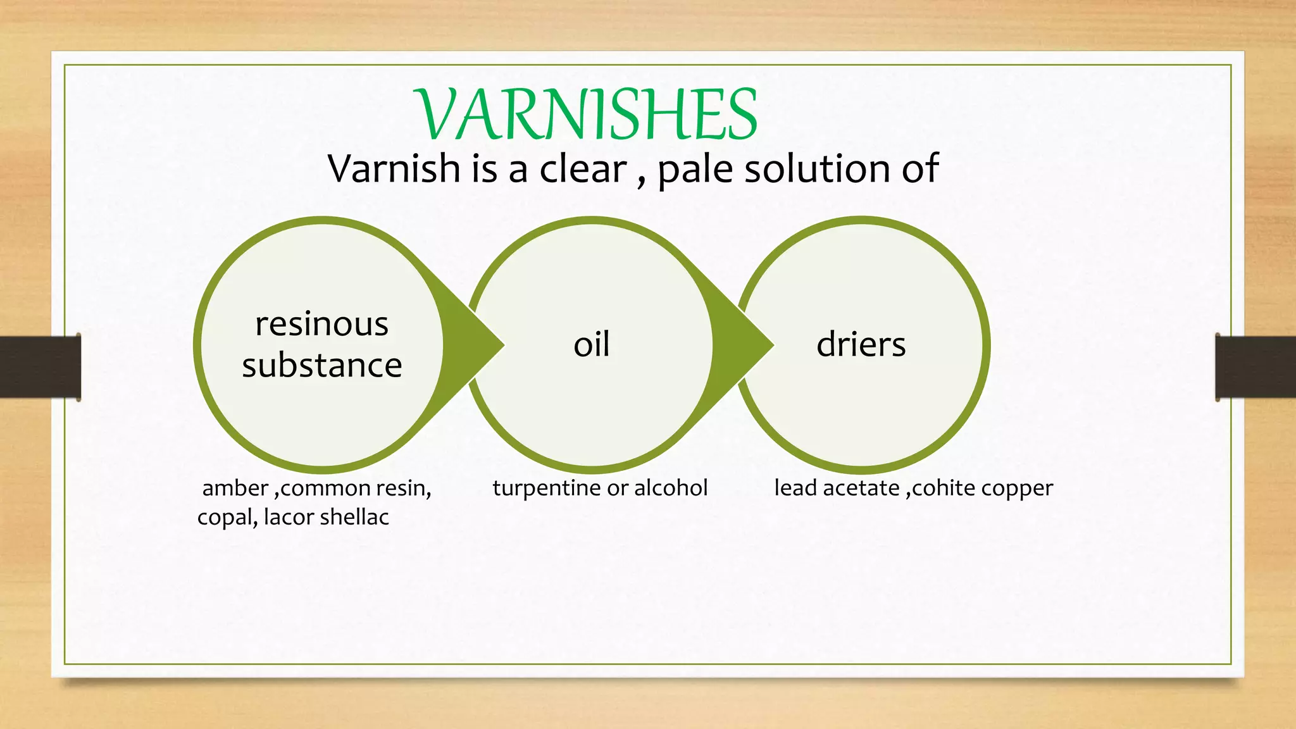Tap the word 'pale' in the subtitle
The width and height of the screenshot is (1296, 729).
coord(695,170)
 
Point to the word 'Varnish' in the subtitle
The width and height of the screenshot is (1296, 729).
coord(394,169)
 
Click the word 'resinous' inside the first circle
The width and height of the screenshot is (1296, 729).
coord(321,325)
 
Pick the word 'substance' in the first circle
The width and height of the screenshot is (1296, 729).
coord(321,366)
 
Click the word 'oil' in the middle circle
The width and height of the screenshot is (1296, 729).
coord(592,345)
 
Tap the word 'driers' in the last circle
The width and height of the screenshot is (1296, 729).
coord(861,345)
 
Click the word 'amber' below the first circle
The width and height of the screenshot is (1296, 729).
coord(235,489)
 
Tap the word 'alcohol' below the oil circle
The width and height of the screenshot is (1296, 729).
coord(671,488)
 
